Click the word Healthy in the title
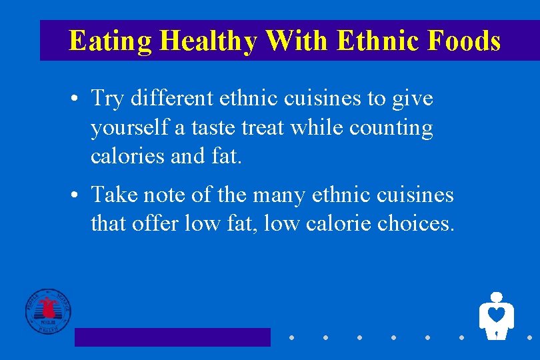point(209,41)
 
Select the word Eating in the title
point(111,41)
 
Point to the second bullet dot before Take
point(78,196)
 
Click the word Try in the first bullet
point(108,99)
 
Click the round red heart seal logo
point(48,311)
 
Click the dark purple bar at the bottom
point(172,337)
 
